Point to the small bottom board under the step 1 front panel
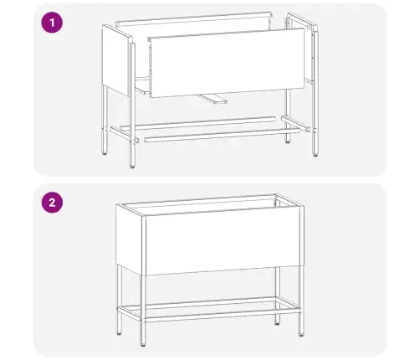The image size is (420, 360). pyautogui.click(x=213, y=98)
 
